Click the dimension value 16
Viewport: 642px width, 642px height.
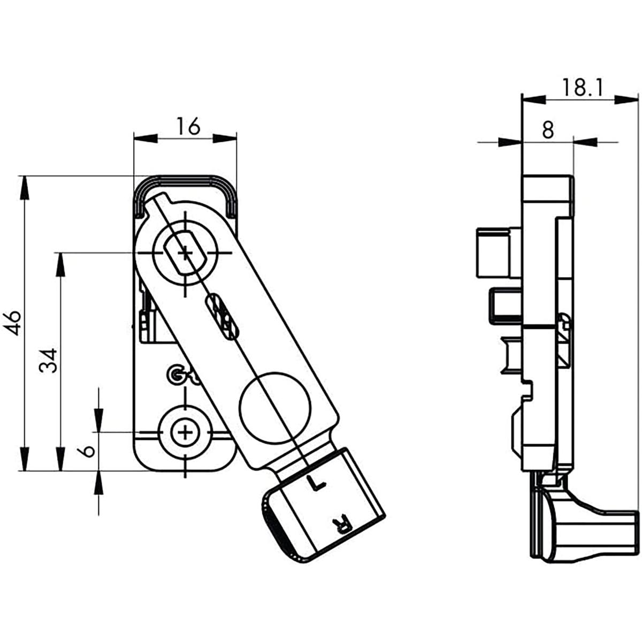pos(188,127)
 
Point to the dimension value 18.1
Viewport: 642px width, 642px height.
pos(582,87)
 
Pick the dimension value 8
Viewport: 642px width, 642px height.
pos(547,130)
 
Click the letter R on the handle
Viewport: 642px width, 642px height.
pos(341,523)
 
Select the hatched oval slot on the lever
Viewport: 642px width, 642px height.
pos(221,316)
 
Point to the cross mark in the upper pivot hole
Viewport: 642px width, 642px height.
pos(185,253)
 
